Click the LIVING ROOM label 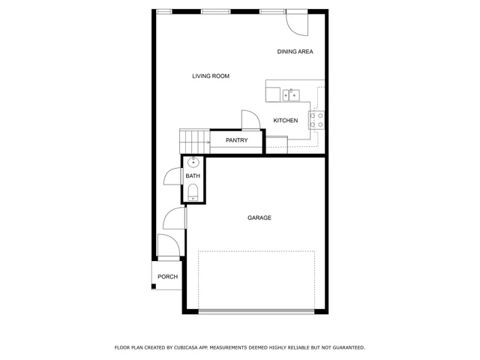point(211,76)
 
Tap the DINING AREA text point(295,52)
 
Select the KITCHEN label point(285,121)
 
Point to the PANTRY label point(237,140)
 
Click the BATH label point(193,176)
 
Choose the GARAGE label point(259,218)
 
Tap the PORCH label point(168,277)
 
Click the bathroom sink point(193,163)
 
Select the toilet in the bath point(193,192)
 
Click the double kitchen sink point(291,95)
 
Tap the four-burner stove point(316,120)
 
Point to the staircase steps point(194,142)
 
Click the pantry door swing point(250,120)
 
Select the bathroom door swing point(173,176)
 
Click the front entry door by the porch point(168,245)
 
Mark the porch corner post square point(154,286)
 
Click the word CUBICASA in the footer point(187,348)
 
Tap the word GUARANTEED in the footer point(349,348)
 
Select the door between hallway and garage point(175,218)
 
